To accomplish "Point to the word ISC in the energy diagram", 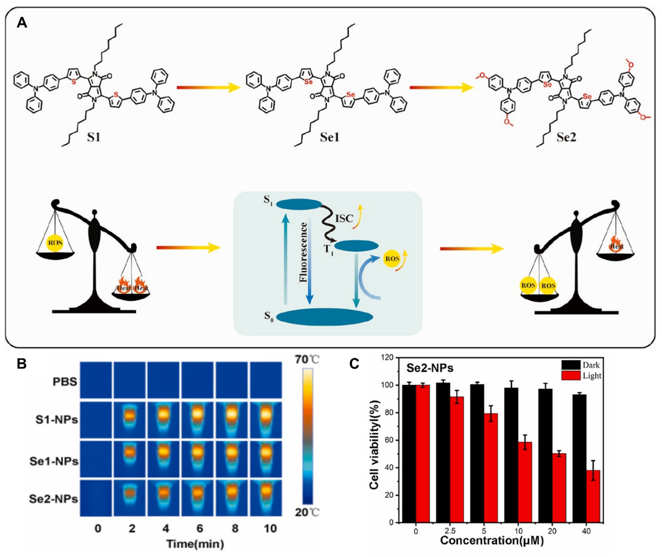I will pos(344,218).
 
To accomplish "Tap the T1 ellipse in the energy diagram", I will pos(356,245).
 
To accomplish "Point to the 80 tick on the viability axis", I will pos(390,413).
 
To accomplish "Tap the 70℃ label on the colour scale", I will pos(307,359).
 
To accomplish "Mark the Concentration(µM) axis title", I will pos(492,540).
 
